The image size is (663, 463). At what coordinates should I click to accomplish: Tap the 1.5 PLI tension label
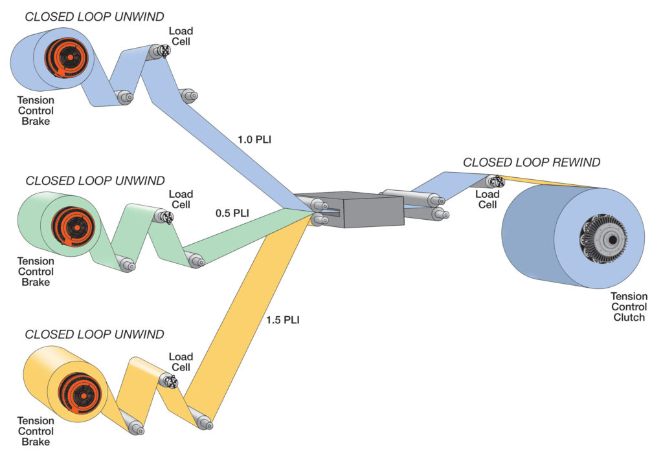[283, 319]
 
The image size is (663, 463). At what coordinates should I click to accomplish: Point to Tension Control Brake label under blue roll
[35, 111]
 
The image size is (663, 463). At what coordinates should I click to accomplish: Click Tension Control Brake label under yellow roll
[35, 431]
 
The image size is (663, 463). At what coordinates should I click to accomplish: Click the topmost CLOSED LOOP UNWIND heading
[95, 16]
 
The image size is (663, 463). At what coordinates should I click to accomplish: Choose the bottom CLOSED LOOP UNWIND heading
[95, 334]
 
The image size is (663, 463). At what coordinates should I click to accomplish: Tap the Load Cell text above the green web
[181, 199]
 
